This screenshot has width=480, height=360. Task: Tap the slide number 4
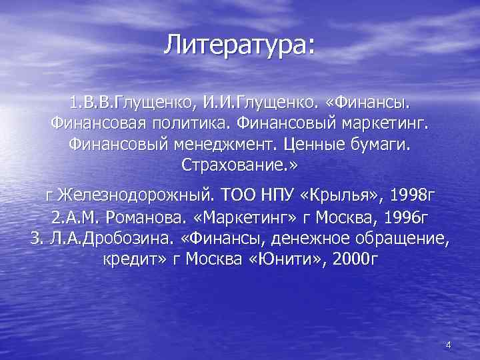point(448,345)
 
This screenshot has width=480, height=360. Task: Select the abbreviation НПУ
point(276,196)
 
